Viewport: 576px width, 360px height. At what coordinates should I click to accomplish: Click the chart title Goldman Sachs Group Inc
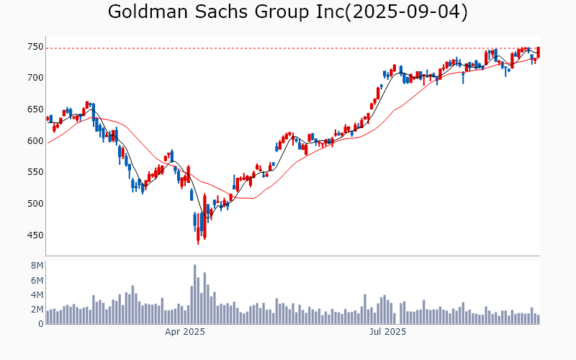point(226,12)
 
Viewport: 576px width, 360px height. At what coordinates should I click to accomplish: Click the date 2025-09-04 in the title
point(406,12)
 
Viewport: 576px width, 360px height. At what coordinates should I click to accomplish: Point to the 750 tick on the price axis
point(35,46)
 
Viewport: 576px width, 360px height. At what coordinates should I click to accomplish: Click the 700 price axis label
point(35,78)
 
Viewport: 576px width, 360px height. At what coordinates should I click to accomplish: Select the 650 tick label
point(35,109)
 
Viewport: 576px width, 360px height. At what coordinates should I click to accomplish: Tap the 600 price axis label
point(35,141)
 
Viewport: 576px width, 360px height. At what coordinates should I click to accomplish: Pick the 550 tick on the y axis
point(35,173)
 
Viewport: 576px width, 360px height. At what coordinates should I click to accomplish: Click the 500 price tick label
point(35,204)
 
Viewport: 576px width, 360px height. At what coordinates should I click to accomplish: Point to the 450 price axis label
point(35,235)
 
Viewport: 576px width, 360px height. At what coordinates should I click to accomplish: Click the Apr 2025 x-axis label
point(185,332)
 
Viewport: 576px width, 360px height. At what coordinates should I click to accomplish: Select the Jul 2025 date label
point(387,332)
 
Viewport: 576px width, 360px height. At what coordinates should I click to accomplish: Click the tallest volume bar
point(194,294)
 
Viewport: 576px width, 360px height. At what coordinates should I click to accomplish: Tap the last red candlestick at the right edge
point(539,53)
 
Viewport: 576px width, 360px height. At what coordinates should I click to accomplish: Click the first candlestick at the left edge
point(48,118)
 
